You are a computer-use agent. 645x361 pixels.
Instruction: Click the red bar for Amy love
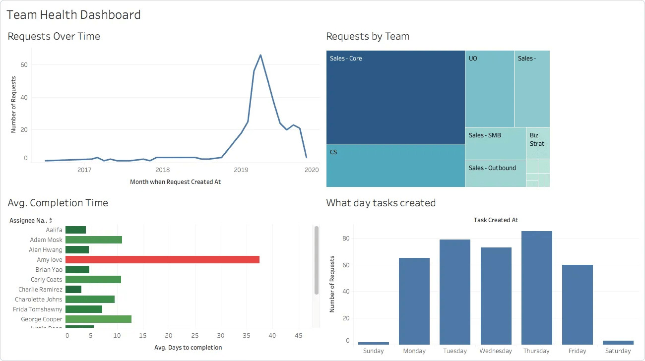(162, 259)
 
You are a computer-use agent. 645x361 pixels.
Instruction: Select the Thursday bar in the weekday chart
(536, 288)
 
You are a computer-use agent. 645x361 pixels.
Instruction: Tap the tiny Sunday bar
(373, 343)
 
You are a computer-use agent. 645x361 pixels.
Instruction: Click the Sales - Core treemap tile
(395, 97)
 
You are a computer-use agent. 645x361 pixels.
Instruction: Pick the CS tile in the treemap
(395, 166)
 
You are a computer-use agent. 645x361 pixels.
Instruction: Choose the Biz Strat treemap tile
(538, 143)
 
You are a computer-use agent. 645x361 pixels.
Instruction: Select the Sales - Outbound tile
(495, 173)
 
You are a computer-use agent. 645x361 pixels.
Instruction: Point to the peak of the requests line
(260, 55)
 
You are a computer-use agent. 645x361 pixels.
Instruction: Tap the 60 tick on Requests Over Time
(24, 65)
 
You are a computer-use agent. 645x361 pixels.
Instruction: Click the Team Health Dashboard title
(74, 15)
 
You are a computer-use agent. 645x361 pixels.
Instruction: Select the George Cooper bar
(98, 319)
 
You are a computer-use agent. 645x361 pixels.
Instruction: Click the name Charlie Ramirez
(40, 289)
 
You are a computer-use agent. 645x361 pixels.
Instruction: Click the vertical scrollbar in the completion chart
(316, 260)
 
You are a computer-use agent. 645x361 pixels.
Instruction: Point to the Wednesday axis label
(496, 351)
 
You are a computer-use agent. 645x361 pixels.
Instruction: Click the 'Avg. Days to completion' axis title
(188, 347)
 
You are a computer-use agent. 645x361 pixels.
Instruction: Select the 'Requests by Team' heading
(368, 36)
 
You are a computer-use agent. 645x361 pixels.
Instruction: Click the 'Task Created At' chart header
(496, 220)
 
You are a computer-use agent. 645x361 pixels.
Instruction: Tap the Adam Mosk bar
(94, 240)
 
